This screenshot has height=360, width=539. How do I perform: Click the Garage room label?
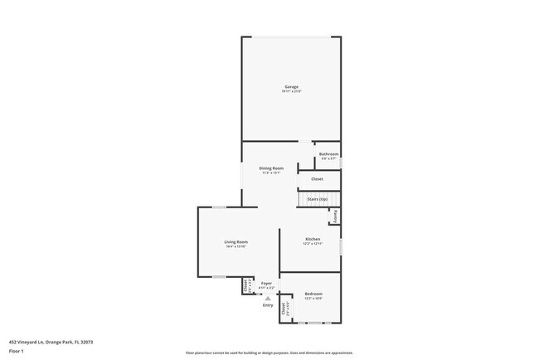291,86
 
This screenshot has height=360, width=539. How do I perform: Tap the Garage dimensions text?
291,91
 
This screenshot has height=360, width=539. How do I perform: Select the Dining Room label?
271,168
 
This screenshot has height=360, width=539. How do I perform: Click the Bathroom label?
329,154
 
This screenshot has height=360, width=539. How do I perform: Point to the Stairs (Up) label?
317,199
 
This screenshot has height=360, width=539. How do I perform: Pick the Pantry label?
336,216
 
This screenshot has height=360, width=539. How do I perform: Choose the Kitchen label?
312,239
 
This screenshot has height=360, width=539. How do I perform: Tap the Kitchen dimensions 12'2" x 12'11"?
312,244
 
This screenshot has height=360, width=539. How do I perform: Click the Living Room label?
236,241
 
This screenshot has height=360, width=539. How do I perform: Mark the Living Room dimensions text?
236,246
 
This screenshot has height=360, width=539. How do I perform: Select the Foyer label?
266,283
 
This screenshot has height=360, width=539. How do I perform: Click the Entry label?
268,305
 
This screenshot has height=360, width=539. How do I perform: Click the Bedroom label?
313,294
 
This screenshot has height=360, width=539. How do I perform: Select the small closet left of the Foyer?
246,285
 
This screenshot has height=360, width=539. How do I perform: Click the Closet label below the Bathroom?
317,179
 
